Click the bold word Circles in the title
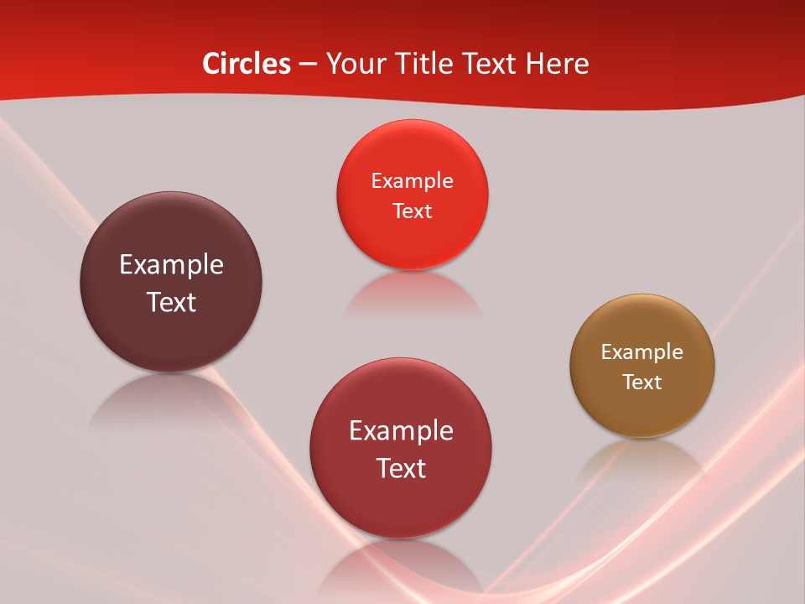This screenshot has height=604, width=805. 247,64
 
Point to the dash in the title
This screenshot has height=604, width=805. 308,65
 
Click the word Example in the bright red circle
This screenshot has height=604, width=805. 412,181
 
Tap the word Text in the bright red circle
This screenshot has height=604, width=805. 412,211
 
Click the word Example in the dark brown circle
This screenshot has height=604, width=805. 171,265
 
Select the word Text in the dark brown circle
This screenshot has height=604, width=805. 171,302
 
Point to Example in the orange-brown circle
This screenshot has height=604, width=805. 642,352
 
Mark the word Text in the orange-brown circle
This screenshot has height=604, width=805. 642,383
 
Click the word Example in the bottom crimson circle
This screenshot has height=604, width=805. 401,431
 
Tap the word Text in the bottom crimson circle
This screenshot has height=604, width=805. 401,468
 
